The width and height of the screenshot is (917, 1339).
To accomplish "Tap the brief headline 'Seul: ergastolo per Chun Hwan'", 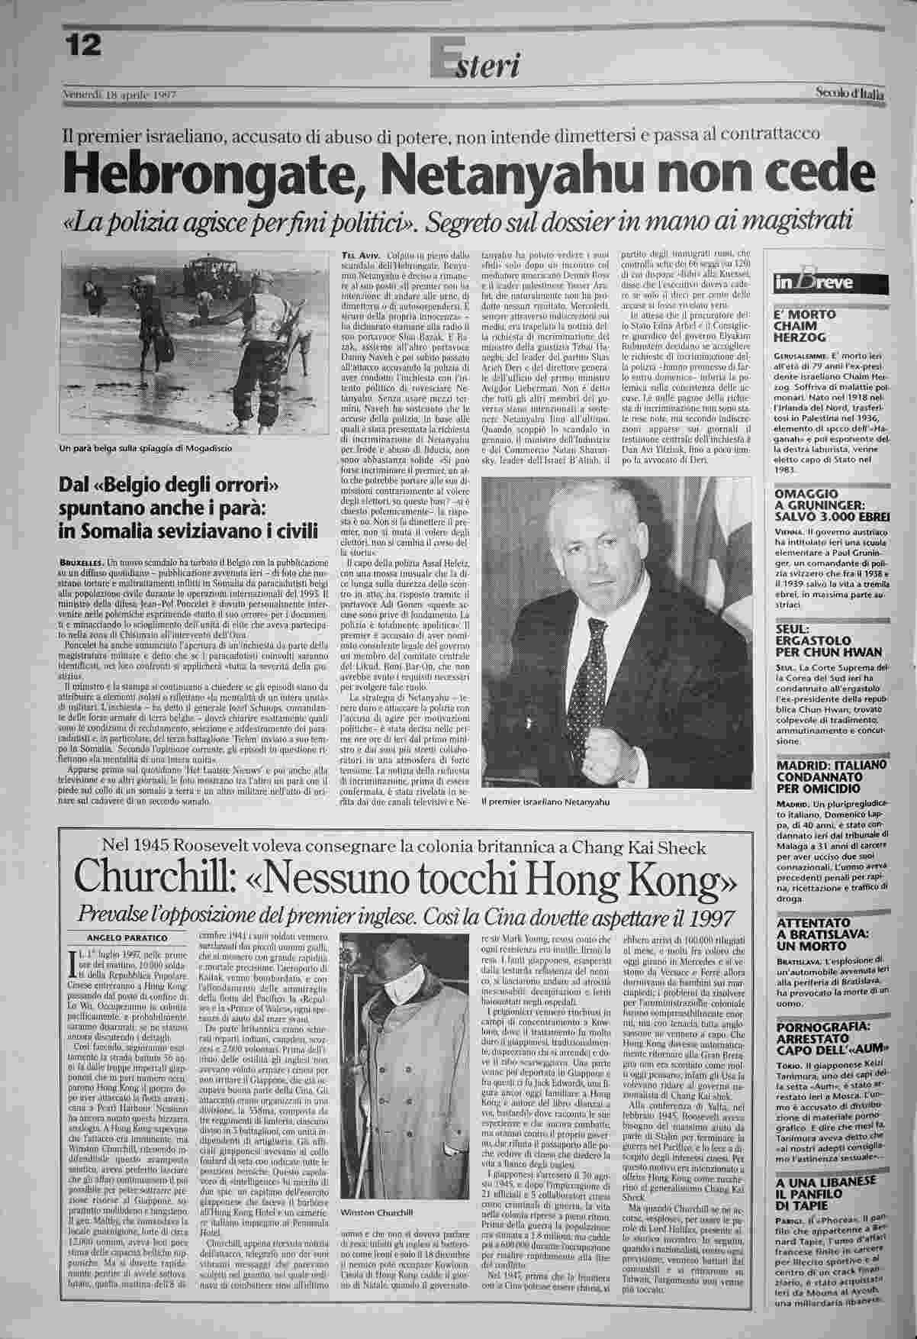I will [x=828, y=641].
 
